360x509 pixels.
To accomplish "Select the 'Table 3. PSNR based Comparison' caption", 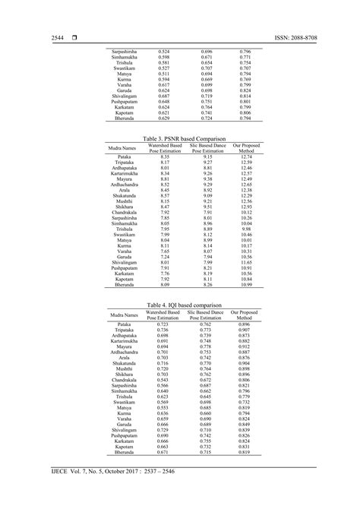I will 180,139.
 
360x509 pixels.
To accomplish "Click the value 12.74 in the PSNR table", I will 245,156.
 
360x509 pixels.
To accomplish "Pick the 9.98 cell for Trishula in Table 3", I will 245,229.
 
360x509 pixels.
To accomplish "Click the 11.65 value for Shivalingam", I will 245,262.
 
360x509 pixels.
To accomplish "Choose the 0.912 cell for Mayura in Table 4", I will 245,346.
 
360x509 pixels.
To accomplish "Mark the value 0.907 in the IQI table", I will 245,330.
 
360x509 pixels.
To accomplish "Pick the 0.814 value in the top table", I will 245,96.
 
